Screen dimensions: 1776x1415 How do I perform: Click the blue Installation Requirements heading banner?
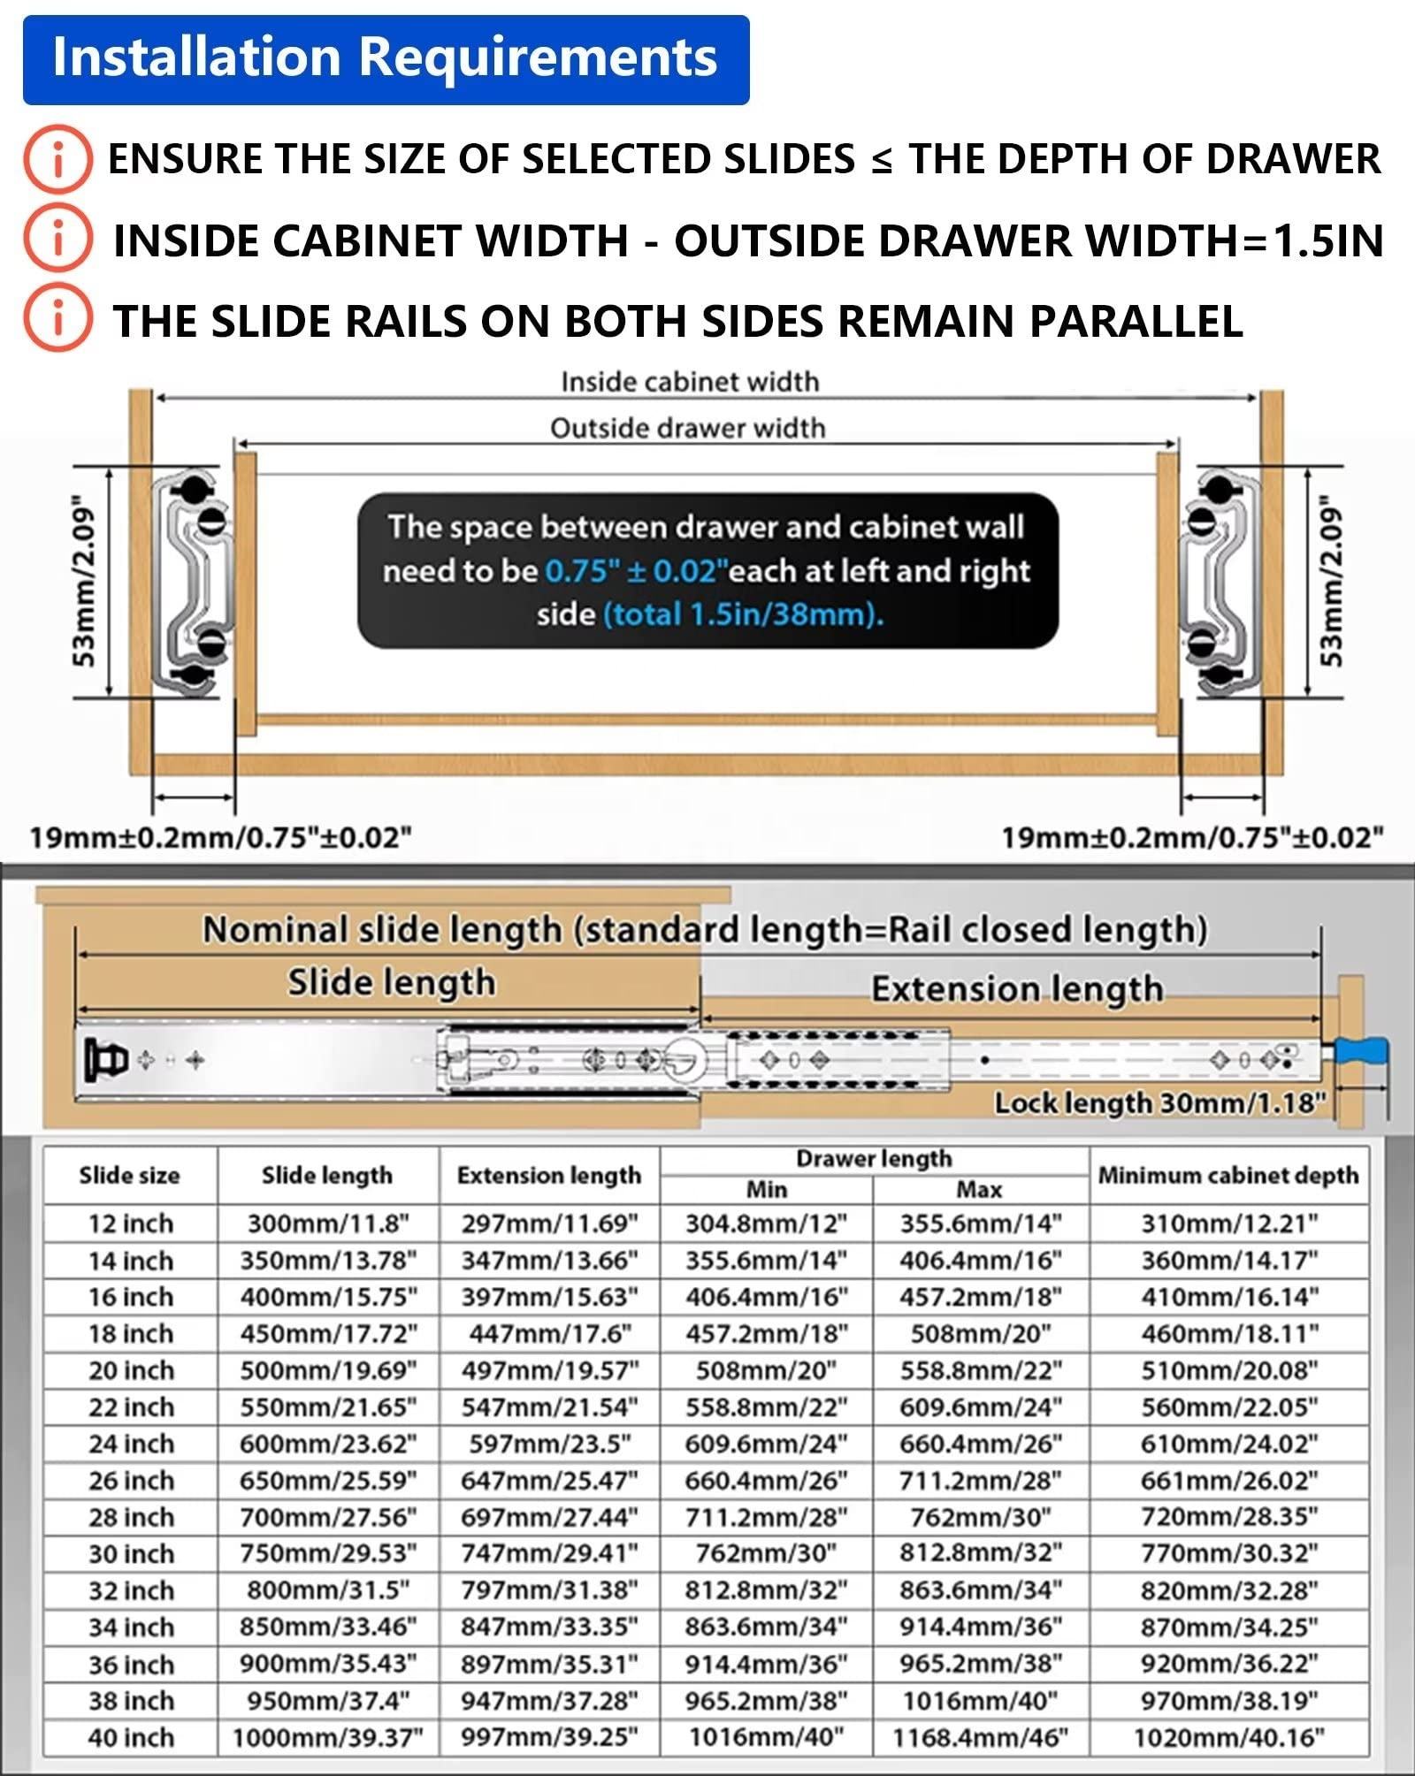(x=386, y=59)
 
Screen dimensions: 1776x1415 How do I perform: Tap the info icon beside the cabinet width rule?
(x=57, y=240)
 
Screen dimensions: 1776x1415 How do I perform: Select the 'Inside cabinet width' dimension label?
(x=690, y=382)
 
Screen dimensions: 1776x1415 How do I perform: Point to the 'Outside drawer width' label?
(x=688, y=428)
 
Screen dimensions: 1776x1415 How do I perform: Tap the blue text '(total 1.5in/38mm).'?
(x=743, y=614)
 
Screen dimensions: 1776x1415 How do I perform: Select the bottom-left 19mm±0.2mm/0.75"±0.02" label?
(x=221, y=836)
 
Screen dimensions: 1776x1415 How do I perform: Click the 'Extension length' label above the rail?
(x=1017, y=988)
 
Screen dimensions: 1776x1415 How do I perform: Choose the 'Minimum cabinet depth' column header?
(x=1228, y=1176)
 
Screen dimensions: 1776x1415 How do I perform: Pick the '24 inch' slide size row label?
(x=131, y=1444)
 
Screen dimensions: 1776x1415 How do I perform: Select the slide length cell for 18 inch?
(x=327, y=1334)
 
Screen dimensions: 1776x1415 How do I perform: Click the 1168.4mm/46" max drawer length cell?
(x=980, y=1738)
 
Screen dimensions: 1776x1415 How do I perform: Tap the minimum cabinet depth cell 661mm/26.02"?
(x=1228, y=1481)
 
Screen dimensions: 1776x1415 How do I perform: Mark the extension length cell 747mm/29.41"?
(x=548, y=1554)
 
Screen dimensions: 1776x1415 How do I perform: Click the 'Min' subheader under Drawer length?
(x=766, y=1190)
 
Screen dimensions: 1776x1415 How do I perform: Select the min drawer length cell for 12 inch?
(x=766, y=1224)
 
